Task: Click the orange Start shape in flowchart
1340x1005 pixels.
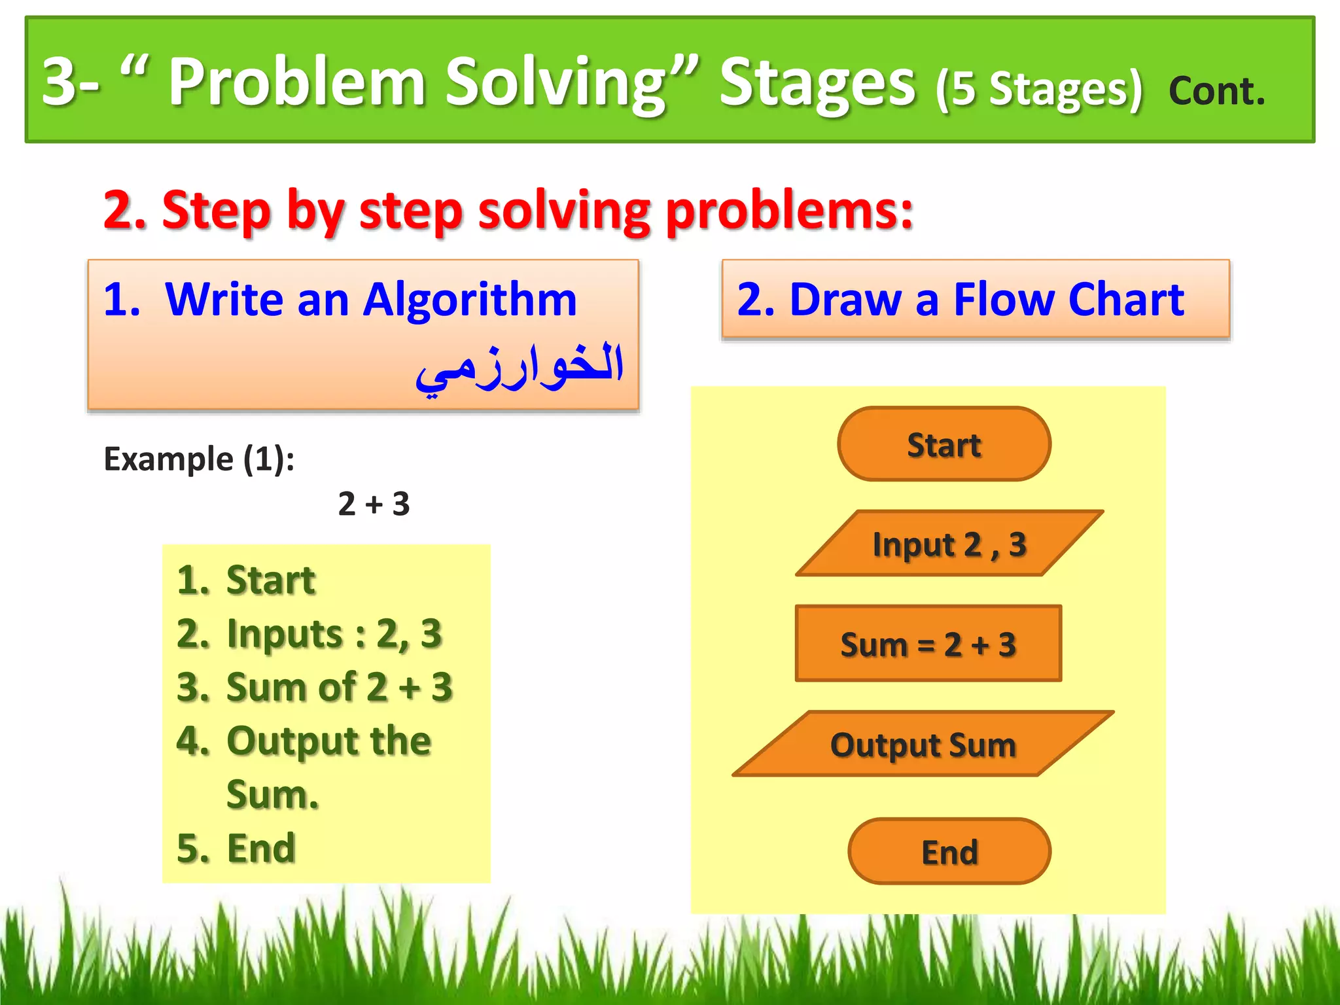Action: (943, 444)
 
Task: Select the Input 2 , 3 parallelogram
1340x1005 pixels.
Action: (949, 544)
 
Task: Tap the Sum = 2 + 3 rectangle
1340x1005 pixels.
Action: (928, 644)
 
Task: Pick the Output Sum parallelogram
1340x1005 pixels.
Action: (923, 744)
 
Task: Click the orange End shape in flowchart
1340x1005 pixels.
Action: (949, 851)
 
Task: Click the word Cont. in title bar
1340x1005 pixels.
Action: (1216, 90)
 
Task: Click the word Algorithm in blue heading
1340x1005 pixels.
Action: (469, 300)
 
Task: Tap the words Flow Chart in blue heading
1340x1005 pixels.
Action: (1068, 300)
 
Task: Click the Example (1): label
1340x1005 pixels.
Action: (199, 459)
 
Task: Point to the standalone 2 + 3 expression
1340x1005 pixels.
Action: (374, 504)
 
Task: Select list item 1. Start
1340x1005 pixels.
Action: (246, 580)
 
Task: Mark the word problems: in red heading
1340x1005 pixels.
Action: (788, 211)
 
